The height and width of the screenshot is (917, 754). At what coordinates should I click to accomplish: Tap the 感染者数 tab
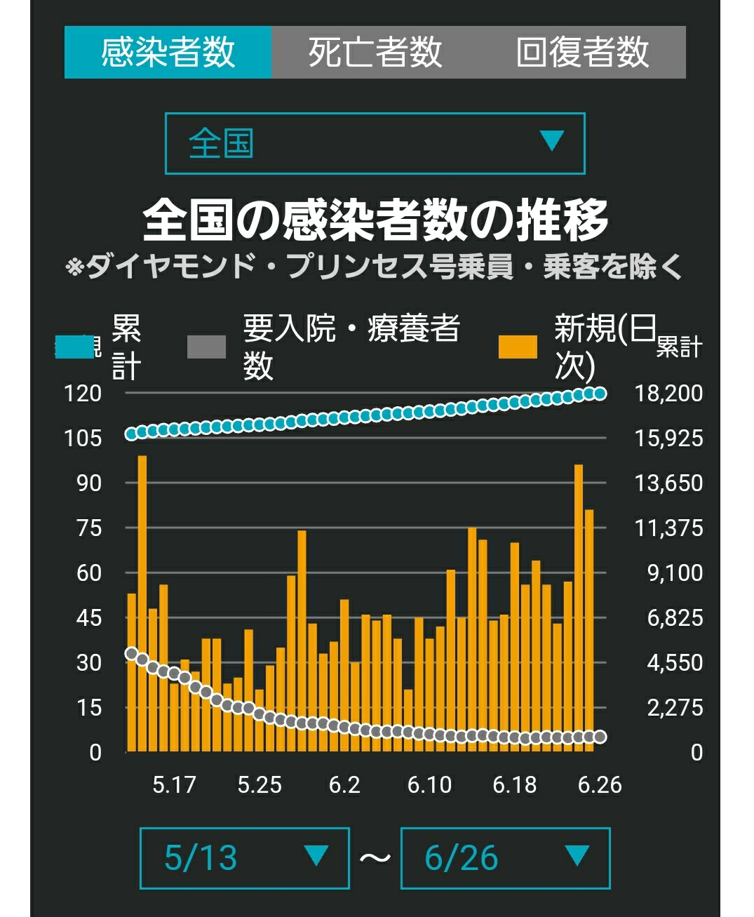[168, 52]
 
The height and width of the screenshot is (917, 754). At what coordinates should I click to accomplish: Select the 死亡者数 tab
[375, 52]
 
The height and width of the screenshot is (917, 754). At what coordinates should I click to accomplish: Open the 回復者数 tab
[582, 52]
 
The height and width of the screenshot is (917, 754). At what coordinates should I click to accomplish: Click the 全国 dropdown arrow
[552, 140]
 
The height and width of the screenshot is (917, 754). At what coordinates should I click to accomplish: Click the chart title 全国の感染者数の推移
[375, 220]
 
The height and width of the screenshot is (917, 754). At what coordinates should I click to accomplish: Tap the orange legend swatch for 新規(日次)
[518, 347]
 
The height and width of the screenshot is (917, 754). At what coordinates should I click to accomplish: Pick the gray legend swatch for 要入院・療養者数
[206, 347]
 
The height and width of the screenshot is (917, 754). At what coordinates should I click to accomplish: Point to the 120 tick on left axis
[83, 394]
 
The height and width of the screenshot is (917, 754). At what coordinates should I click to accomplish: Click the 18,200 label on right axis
[669, 394]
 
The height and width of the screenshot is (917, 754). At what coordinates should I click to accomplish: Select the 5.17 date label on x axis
[174, 785]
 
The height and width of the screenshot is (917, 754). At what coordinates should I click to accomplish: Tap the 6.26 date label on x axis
[600, 785]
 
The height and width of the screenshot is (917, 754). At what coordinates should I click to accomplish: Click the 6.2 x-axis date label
[344, 785]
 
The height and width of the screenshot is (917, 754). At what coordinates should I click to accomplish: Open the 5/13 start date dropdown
[245, 858]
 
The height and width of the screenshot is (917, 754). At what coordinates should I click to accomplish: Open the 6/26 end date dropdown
[506, 858]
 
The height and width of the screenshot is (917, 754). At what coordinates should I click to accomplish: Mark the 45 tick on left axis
[89, 618]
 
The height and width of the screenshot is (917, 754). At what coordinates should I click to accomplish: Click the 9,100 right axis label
[675, 573]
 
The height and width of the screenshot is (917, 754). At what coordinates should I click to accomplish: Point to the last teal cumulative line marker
[600, 394]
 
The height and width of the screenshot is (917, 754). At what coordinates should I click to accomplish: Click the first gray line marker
[131, 653]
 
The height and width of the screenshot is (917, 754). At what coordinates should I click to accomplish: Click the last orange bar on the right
[589, 630]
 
